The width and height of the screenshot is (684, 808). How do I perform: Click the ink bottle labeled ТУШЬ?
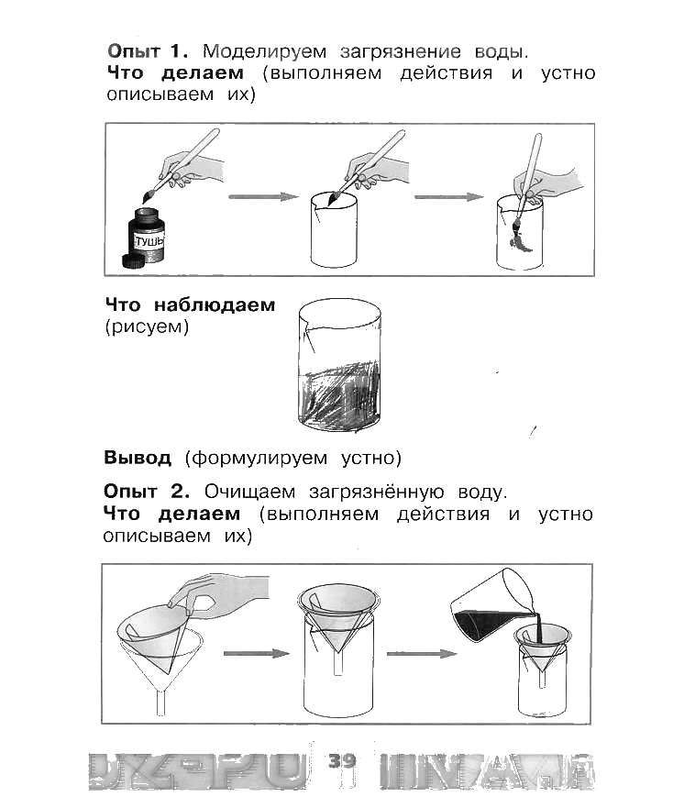[149, 237]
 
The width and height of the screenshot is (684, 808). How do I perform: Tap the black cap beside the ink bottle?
[134, 261]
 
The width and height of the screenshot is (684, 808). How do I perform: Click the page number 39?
[341, 761]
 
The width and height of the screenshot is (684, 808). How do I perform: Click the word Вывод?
[138, 457]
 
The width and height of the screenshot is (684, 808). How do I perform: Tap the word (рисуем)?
[147, 327]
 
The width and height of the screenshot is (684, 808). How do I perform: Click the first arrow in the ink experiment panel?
[263, 196]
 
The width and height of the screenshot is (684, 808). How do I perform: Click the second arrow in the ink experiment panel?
[449, 196]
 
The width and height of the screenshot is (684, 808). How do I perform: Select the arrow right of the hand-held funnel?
[255, 653]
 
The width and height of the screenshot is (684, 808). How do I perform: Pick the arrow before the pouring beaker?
[421, 653]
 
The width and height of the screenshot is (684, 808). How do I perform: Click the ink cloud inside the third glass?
[518, 240]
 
